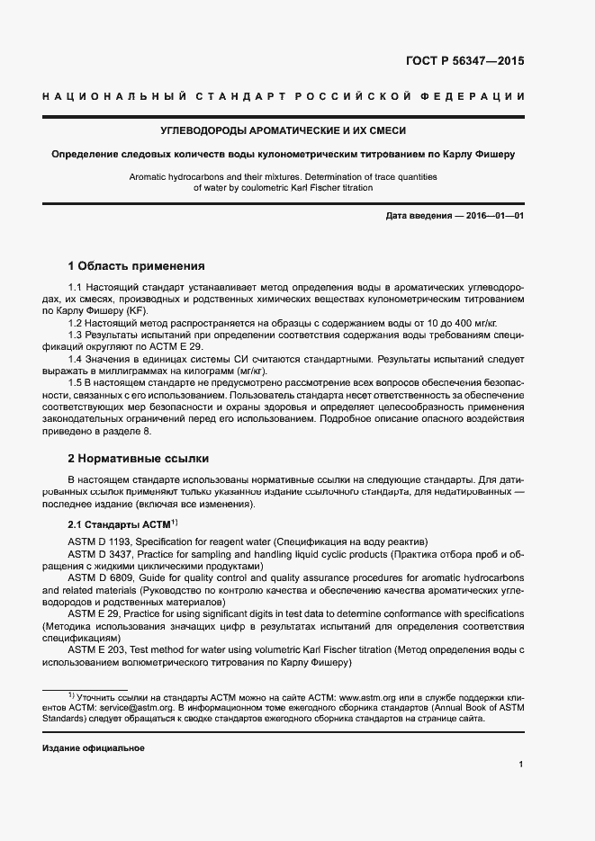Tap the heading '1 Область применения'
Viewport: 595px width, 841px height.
pyautogui.click(x=137, y=266)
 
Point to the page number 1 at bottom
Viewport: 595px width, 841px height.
pyautogui.click(x=521, y=765)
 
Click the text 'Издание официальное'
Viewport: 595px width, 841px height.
pyautogui.click(x=94, y=748)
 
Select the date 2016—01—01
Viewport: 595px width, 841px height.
pyautogui.click(x=495, y=216)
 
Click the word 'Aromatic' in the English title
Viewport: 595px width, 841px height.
pyautogui.click(x=150, y=177)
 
